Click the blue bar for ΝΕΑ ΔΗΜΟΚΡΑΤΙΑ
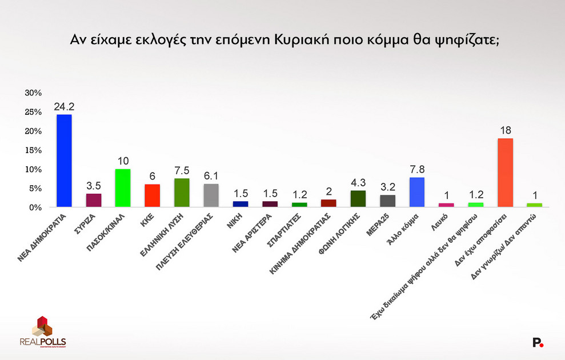click(x=64, y=161)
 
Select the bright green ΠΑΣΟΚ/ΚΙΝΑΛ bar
click(x=123, y=188)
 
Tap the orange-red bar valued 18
click(x=506, y=173)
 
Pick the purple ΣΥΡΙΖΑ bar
click(x=94, y=201)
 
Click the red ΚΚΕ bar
click(x=153, y=195)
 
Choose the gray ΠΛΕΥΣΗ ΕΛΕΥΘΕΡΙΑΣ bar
click(x=211, y=195)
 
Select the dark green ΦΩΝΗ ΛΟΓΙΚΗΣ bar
click(x=358, y=199)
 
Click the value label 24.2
click(x=64, y=106)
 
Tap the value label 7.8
click(x=417, y=169)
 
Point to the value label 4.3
click(x=358, y=182)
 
